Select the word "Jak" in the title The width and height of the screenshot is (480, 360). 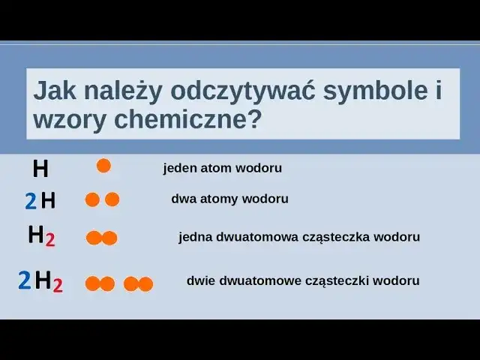coord(55,91)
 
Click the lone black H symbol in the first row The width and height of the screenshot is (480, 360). coord(40,169)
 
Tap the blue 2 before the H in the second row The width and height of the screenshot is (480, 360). coord(30,201)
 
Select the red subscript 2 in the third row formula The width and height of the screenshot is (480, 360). coord(50,240)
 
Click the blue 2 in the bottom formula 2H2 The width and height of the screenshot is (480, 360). coord(25,281)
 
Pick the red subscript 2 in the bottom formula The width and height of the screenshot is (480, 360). coord(58,285)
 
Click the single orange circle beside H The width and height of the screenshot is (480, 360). coord(103,166)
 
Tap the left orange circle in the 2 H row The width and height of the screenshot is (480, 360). coord(92,199)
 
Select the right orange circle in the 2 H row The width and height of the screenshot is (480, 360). coord(112,199)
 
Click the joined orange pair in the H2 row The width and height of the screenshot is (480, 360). coord(102,238)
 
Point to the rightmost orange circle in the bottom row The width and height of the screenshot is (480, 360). coord(145,283)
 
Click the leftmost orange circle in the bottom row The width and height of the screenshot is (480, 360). coord(92,283)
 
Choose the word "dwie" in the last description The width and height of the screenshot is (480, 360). coord(200,281)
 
